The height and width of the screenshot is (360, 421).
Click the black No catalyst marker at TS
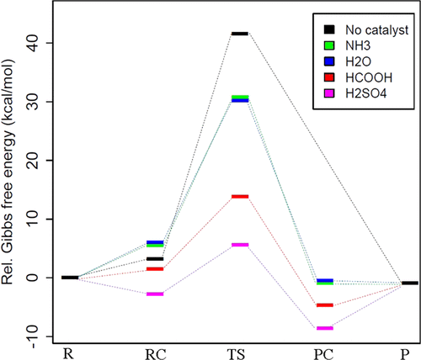(240, 34)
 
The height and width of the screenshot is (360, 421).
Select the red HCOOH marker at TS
(240, 196)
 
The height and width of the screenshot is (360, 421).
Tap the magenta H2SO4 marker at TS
(240, 245)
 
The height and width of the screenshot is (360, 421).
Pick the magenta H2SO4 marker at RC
(155, 294)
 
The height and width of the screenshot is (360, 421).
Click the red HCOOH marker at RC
(155, 269)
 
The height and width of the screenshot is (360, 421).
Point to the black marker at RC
(155, 259)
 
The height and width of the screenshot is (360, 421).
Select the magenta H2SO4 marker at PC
(325, 328)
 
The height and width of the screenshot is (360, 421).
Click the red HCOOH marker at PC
(325, 304)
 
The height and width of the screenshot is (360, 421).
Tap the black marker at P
(409, 283)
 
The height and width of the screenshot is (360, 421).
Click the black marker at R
(70, 278)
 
